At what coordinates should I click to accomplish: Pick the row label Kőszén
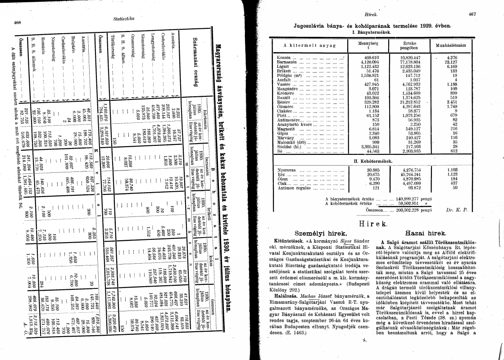(284, 58)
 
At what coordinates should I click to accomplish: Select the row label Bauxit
(285, 97)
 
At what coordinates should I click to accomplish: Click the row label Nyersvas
(287, 169)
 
